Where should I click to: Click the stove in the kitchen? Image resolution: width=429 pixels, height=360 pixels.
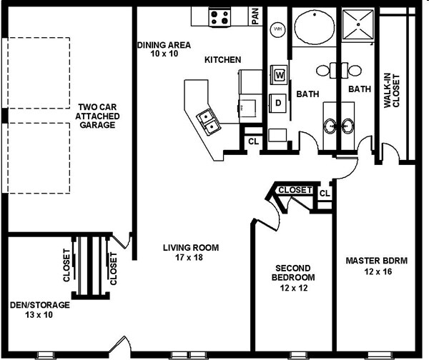[x=220, y=17]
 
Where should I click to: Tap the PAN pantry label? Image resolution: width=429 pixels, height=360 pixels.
[x=255, y=16]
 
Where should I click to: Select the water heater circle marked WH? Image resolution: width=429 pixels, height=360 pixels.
[x=277, y=29]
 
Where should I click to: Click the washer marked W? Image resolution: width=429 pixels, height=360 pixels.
[x=279, y=74]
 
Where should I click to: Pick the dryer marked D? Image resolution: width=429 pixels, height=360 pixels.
[x=278, y=103]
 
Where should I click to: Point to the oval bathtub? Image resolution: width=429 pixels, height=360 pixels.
[x=315, y=27]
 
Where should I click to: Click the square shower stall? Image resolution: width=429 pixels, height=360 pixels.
[x=357, y=24]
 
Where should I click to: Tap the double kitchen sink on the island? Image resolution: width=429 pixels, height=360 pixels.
[x=208, y=121]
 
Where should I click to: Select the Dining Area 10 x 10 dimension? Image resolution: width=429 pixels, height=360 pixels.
[x=164, y=54]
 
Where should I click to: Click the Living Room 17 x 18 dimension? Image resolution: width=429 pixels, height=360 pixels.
[x=189, y=257]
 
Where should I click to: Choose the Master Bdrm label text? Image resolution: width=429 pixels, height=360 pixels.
[x=377, y=261]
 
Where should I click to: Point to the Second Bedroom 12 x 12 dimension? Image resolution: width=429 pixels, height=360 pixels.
[x=294, y=288]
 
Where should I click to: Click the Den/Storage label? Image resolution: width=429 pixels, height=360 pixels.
[x=39, y=305]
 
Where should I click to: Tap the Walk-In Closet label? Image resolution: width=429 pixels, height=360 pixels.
[x=392, y=91]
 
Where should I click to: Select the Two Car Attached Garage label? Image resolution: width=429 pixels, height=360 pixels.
[x=97, y=116]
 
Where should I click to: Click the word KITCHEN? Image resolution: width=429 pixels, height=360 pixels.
[x=222, y=59]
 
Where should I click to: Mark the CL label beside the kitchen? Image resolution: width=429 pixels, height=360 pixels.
[x=253, y=141]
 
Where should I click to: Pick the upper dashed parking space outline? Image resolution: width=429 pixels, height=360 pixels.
[x=39, y=73]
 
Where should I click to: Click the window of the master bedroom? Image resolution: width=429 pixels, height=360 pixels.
[x=377, y=355]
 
